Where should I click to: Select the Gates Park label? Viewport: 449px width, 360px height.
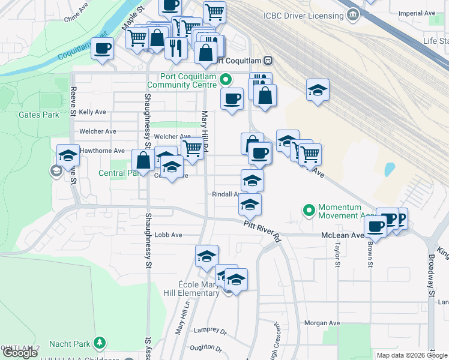click(x=38, y=115)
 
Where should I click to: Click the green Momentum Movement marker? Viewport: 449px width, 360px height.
click(x=309, y=211)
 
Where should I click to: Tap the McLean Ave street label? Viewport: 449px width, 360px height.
click(x=342, y=236)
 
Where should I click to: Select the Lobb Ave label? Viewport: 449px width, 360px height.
click(x=168, y=235)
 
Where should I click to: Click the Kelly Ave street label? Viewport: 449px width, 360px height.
click(x=92, y=112)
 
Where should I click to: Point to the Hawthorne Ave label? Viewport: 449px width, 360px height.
click(x=102, y=151)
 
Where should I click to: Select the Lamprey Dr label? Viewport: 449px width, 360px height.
click(x=210, y=331)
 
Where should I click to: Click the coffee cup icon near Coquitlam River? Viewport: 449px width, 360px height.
click(x=103, y=48)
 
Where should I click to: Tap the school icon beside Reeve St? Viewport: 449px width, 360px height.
click(x=68, y=155)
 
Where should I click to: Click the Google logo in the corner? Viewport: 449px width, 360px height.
click(x=20, y=353)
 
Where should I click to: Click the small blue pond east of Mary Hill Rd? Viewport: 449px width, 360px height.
click(x=390, y=169)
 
